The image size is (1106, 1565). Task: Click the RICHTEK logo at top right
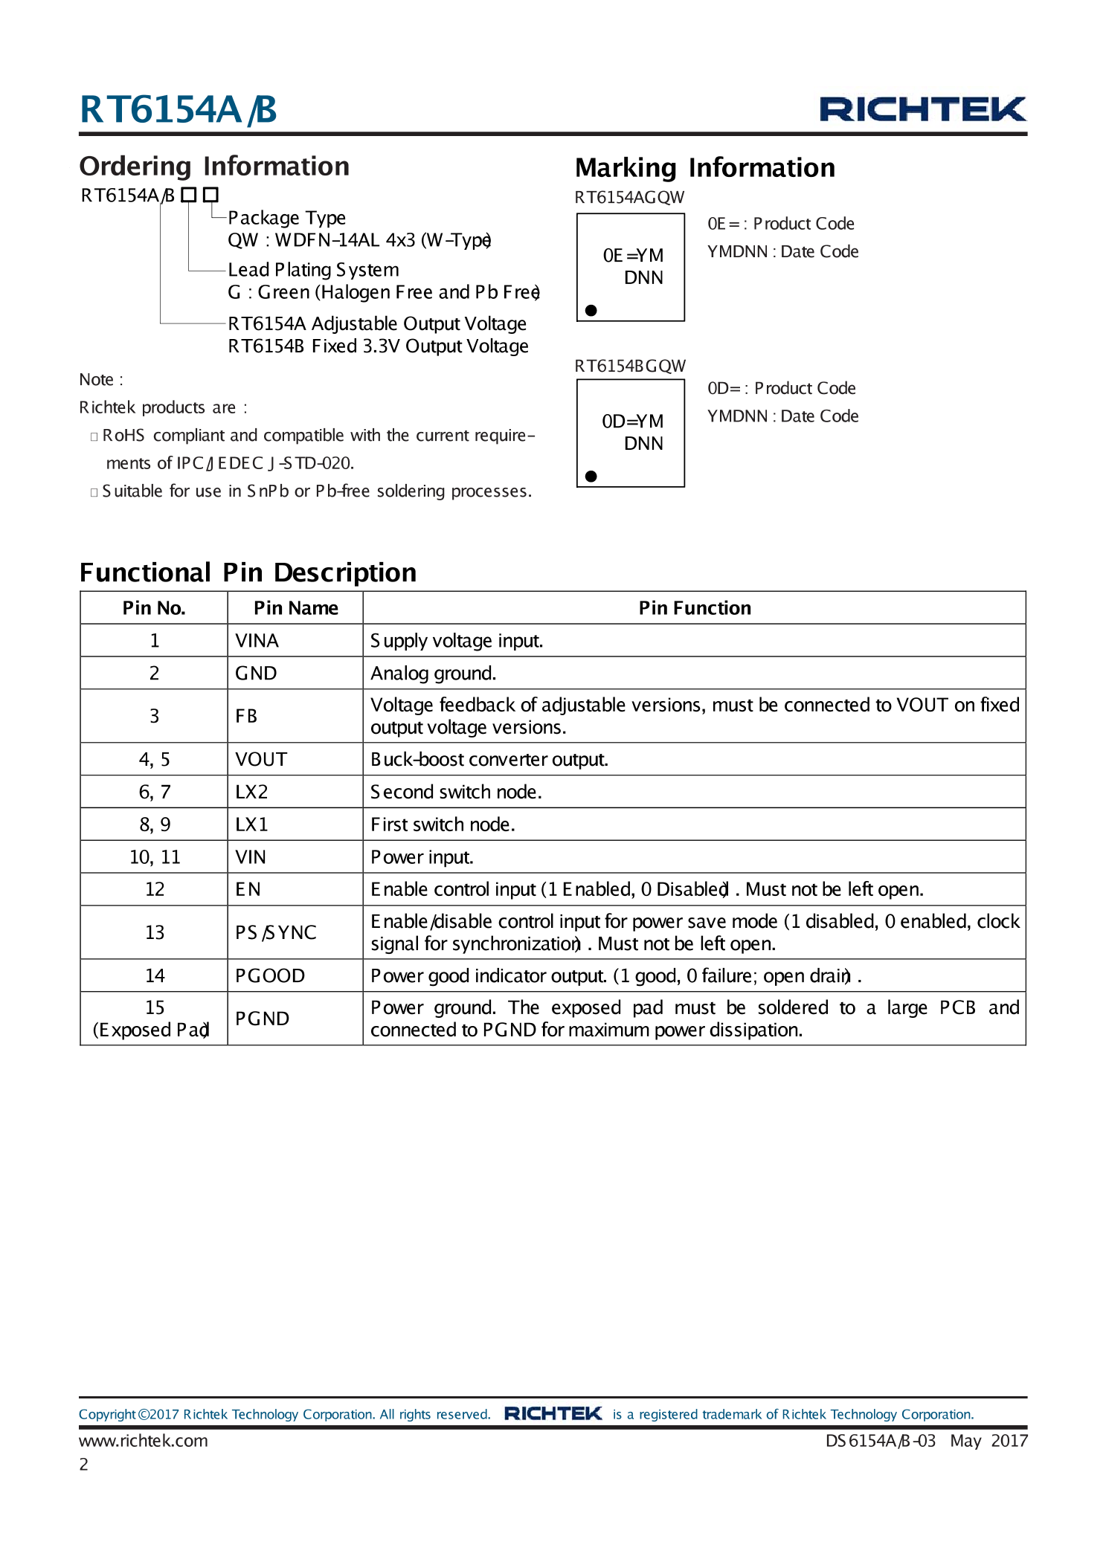click(922, 109)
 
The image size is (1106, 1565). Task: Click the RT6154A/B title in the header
click(178, 109)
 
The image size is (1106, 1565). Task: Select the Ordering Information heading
click(214, 167)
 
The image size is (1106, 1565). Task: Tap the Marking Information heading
click(704, 168)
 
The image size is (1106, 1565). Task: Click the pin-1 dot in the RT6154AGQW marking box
click(591, 310)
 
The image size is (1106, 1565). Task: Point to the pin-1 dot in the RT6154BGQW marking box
click(591, 476)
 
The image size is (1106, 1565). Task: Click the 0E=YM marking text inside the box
click(633, 256)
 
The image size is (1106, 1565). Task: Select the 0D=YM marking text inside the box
click(633, 422)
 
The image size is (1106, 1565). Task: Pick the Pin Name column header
click(295, 608)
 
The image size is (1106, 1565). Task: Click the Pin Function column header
click(694, 608)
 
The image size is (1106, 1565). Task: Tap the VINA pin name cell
click(257, 641)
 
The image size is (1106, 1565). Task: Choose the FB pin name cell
click(246, 716)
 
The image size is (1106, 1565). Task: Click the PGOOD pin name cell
click(269, 975)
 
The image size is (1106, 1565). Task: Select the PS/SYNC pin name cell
click(275, 932)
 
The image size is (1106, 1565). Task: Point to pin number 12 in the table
click(155, 889)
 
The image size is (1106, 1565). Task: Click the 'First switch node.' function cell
click(443, 825)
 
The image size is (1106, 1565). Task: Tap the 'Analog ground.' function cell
click(433, 674)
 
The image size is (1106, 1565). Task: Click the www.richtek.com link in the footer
click(144, 1441)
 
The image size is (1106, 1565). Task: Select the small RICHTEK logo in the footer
click(553, 1413)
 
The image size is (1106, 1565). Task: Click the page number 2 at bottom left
click(84, 1465)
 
